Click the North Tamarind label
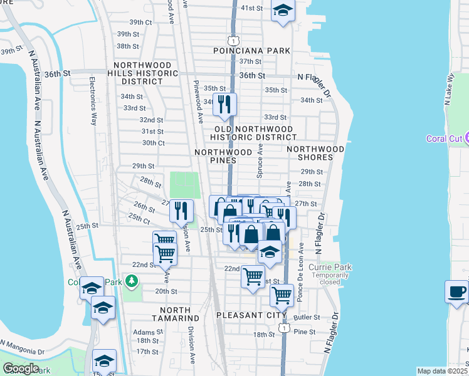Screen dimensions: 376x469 [x=179, y=314]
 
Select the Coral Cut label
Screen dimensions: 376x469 [x=444, y=138]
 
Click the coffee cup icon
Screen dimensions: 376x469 [x=456, y=291]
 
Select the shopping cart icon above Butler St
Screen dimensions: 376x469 [x=282, y=294]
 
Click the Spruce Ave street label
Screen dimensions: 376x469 [x=259, y=160]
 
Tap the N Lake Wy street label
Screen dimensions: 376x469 [x=450, y=91]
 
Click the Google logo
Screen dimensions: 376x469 [x=21, y=368]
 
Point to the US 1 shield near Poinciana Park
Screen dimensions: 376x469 [x=233, y=40]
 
